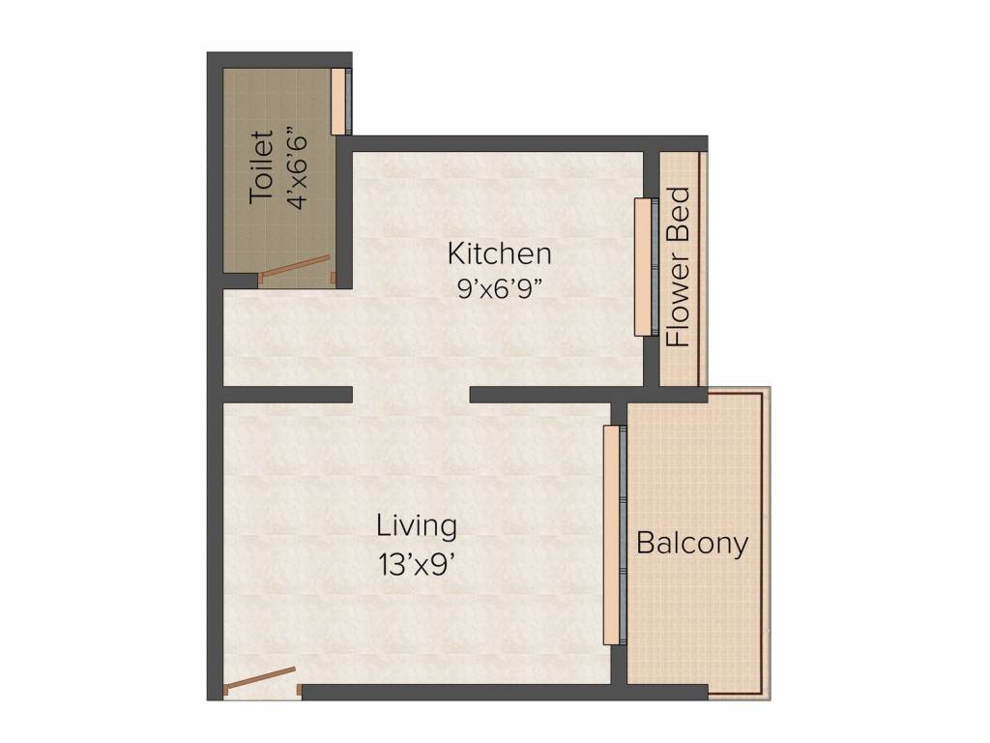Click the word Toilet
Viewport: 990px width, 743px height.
pos(261,166)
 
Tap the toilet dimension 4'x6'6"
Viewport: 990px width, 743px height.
pos(297,170)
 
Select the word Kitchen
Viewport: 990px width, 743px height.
pos(500,254)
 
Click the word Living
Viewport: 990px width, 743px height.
pos(417,527)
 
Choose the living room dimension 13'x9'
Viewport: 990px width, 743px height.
pos(417,564)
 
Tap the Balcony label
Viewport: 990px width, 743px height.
pos(692,544)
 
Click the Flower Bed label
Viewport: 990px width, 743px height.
pos(679,267)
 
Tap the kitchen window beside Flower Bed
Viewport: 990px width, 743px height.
pos(647,267)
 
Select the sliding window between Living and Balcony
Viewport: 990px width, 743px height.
pos(615,534)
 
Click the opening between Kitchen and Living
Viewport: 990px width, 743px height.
pos(411,395)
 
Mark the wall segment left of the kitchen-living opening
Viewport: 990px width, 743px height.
pos(287,395)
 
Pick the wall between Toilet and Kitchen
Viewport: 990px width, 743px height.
pos(344,212)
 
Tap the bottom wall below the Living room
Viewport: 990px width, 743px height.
pos(505,692)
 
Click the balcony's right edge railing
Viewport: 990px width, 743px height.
pos(766,544)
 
